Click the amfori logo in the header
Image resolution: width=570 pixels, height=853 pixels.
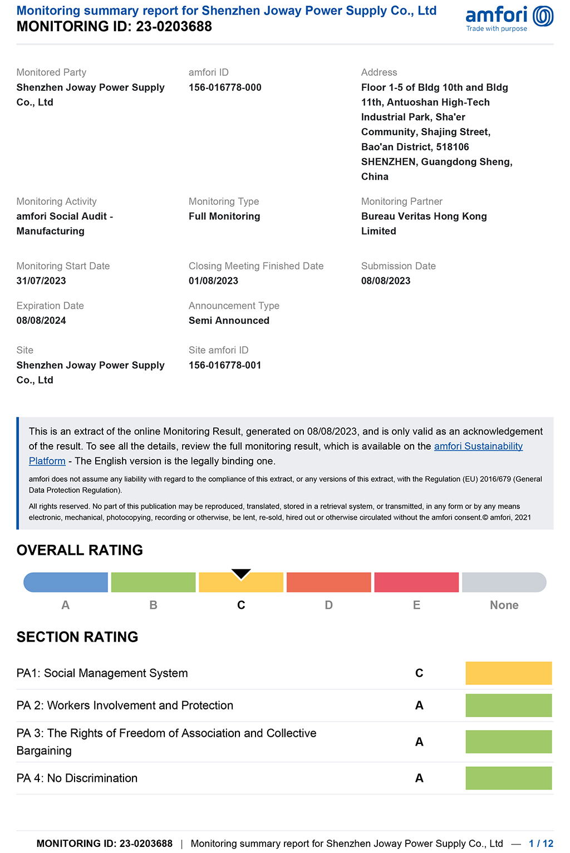pos(509,18)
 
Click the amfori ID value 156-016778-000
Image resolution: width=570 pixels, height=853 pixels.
pos(225,87)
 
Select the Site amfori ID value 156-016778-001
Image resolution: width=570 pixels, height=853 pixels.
pos(225,365)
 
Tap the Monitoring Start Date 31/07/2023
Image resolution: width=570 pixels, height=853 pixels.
pos(41,281)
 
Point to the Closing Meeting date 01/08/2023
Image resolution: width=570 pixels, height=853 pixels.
pos(213,281)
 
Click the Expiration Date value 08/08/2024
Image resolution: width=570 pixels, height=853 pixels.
pos(41,321)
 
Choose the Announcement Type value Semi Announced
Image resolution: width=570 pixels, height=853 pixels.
pos(229,321)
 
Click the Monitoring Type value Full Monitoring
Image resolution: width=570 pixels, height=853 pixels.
pos(224,216)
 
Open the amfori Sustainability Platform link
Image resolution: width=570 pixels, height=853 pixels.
pos(478,446)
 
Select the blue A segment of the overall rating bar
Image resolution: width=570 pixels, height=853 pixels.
pos(66,583)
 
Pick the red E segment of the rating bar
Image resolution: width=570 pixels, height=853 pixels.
pos(416,583)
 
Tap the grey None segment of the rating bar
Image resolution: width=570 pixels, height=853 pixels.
pos(504,583)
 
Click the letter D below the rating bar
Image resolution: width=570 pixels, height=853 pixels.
pos(329,605)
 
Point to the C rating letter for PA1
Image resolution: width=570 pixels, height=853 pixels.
pos(419,673)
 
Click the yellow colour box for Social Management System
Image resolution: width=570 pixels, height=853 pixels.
pos(508,673)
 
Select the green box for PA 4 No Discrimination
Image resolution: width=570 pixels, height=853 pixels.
pos(508,778)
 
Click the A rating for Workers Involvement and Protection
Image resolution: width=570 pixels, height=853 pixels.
pos(419,706)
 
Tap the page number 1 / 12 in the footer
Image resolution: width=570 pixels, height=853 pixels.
pos(540,844)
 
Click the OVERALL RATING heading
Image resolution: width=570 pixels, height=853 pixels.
pos(80,550)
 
